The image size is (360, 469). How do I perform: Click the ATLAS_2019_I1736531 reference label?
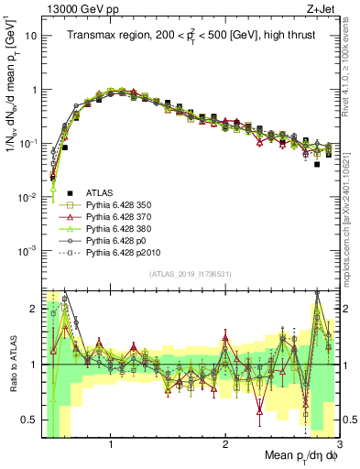click(x=191, y=274)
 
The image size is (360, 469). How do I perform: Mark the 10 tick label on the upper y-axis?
click(x=28, y=37)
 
